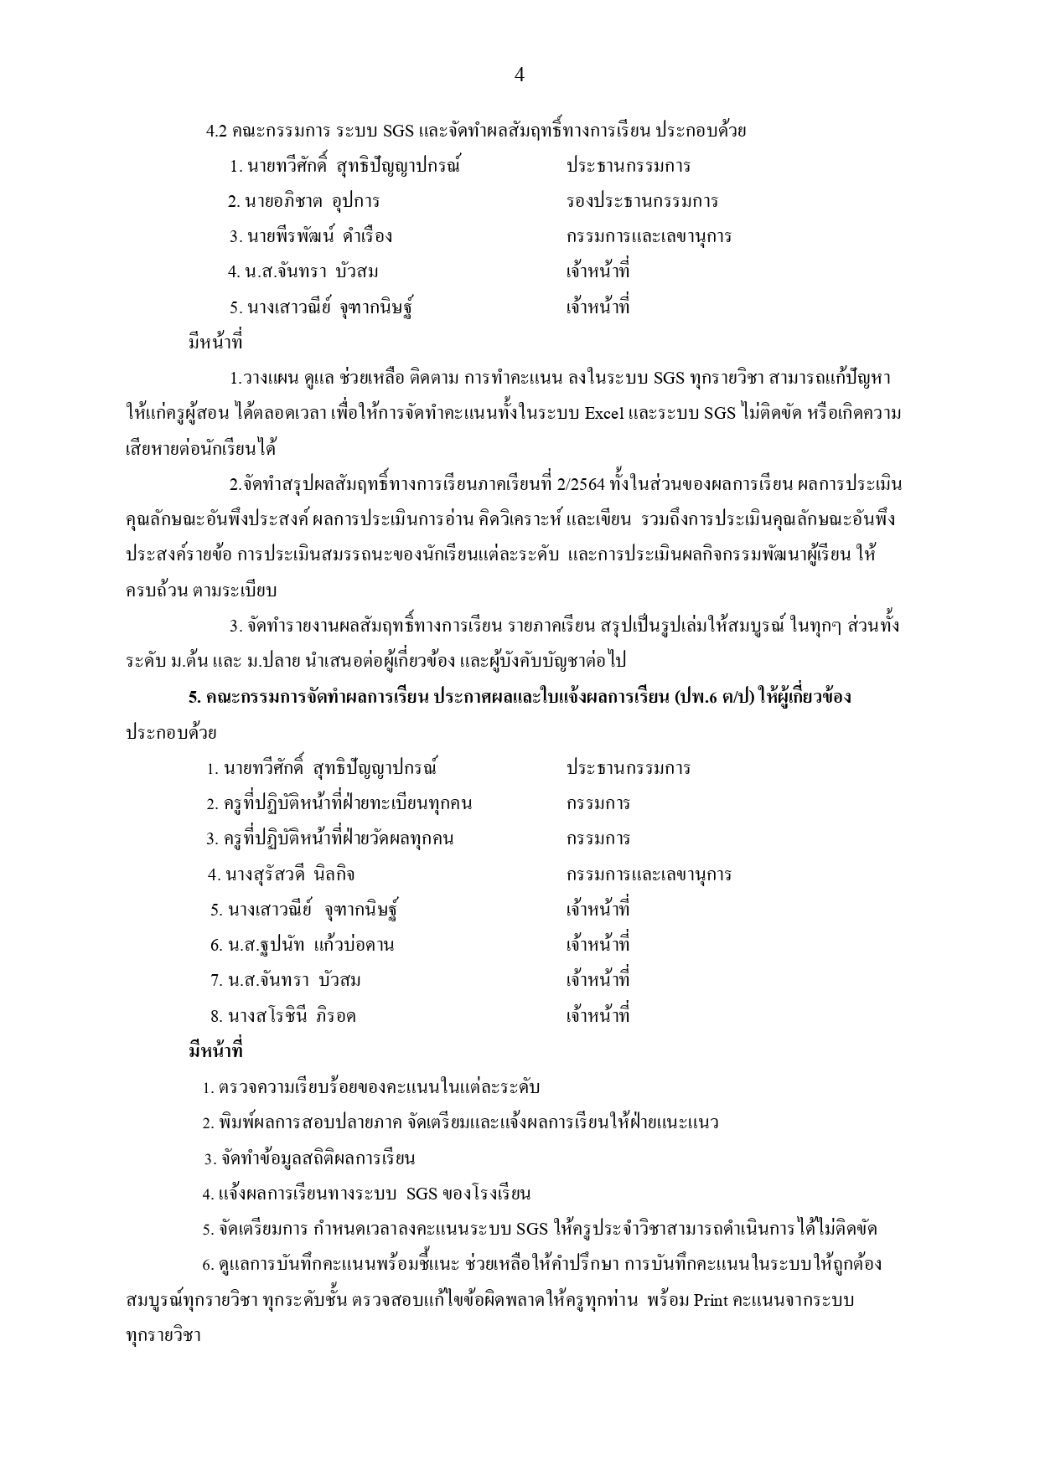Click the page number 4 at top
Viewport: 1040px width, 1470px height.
[519, 75]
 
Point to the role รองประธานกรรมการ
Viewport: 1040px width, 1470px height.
[642, 201]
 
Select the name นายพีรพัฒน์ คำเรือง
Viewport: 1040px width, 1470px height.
[311, 236]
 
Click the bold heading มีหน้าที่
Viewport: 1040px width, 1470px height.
[216, 1050]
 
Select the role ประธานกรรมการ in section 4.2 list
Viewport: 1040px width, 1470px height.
[629, 165]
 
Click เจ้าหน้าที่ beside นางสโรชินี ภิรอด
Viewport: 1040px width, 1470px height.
[598, 1016]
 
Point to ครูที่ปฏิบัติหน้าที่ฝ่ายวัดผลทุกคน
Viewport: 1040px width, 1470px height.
[330, 838]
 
